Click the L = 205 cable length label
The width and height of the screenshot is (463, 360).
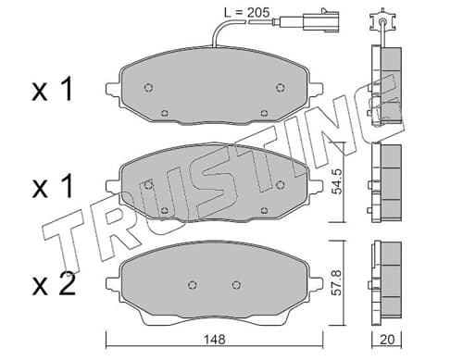click(x=246, y=12)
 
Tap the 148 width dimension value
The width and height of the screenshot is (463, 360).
click(x=215, y=340)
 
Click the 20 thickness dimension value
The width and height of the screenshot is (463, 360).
click(x=387, y=340)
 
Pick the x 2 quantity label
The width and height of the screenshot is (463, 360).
click(x=54, y=285)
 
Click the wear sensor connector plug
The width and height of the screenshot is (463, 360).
click(x=321, y=20)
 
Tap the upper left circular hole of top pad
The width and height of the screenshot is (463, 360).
click(x=149, y=88)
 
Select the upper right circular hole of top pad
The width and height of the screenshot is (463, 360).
click(x=280, y=88)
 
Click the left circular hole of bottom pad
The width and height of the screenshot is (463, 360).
click(x=193, y=285)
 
